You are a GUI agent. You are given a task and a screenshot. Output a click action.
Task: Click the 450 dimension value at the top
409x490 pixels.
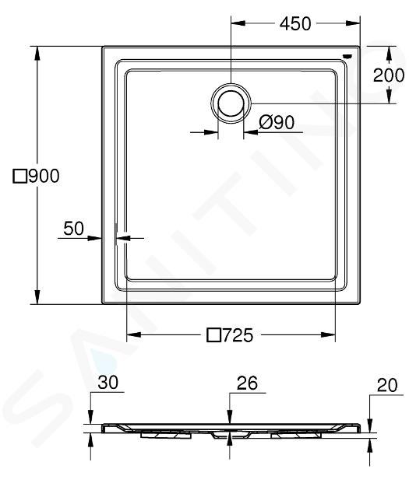(295, 24)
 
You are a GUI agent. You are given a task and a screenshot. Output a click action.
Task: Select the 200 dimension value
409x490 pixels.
(389, 75)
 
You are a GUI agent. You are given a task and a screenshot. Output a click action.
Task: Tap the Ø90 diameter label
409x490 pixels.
(277, 122)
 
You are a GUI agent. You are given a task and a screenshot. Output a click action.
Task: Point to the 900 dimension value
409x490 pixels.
(44, 177)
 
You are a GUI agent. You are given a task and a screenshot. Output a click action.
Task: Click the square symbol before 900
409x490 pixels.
(19, 177)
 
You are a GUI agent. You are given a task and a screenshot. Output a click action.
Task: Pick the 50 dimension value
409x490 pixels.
(73, 229)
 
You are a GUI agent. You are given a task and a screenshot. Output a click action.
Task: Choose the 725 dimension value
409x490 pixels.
(238, 335)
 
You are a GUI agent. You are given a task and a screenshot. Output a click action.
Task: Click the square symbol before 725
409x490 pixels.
(214, 335)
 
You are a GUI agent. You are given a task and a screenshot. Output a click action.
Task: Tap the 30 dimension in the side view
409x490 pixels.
(108, 383)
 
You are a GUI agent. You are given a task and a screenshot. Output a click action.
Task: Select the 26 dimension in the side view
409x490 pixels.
(247, 383)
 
